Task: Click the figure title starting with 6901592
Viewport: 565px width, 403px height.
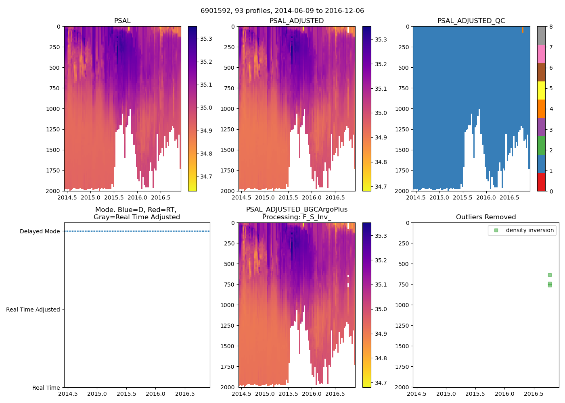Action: pyautogui.click(x=282, y=11)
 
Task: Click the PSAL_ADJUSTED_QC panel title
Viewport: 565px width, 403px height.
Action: pyautogui.click(x=471, y=21)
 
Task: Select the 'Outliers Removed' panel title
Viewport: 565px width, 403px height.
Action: pyautogui.click(x=485, y=217)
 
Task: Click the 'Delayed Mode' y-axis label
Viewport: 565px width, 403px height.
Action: pyautogui.click(x=40, y=231)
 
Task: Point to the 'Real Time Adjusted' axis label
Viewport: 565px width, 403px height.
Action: pyautogui.click(x=33, y=310)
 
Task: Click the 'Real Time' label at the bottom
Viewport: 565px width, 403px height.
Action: pyautogui.click(x=46, y=388)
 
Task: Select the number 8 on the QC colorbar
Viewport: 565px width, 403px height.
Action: pyautogui.click(x=551, y=27)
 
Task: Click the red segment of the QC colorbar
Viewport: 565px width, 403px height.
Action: pyautogui.click(x=541, y=182)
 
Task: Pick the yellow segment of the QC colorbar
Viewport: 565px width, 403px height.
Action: pyautogui.click(x=541, y=90)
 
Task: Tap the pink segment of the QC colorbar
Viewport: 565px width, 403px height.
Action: pyautogui.click(x=541, y=54)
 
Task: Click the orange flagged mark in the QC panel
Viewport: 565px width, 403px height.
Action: pyautogui.click(x=523, y=30)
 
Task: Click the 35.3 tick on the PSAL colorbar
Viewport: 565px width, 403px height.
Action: pyautogui.click(x=206, y=39)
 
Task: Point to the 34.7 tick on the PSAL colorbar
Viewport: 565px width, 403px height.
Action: pyautogui.click(x=206, y=177)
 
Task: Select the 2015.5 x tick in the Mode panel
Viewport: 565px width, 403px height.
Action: pyautogui.click(x=126, y=394)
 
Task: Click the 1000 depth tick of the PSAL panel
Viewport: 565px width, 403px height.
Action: pyautogui.click(x=52, y=109)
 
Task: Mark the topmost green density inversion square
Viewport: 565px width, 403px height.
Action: pyautogui.click(x=550, y=275)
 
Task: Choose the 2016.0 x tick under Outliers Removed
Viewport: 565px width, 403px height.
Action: pyautogui.click(x=504, y=394)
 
